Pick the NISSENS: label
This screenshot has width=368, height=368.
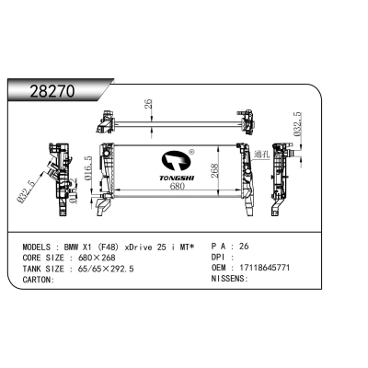coord(231,280)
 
